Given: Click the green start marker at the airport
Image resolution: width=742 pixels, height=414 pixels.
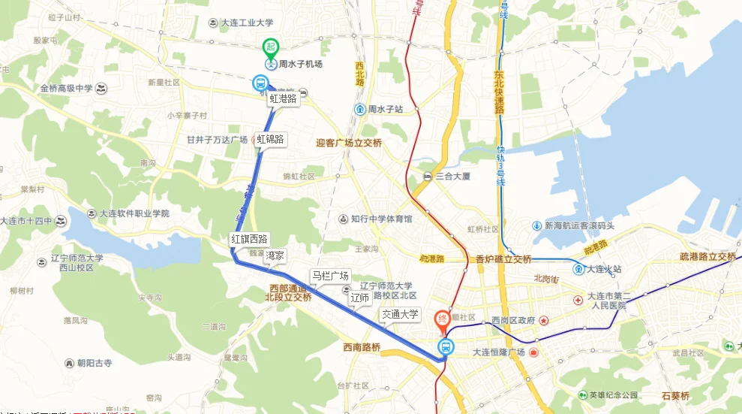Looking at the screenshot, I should pos(270,47).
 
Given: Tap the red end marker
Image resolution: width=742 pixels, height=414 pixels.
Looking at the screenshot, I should pos(443,320).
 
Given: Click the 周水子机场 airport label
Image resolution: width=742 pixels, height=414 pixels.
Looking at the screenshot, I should pos(300,65).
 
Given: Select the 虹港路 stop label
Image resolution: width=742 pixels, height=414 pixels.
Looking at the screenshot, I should pos(283,98).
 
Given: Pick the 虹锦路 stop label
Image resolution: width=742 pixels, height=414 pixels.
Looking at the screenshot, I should pos(270,139).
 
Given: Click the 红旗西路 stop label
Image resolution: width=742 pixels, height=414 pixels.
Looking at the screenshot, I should pos(249,239).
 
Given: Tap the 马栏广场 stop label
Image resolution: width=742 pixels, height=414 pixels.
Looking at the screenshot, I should pos(330,276).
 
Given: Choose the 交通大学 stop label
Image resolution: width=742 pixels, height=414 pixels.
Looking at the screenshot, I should pos(400,314).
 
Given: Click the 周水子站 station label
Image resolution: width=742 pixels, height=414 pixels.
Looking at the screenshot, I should pos(386,110).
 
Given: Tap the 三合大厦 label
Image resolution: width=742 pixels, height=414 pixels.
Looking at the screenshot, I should pos(452,177).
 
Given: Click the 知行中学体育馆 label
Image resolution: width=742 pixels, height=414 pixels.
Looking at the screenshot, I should pos(381,219).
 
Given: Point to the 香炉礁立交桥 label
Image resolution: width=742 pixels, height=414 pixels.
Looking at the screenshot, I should pos(503,259).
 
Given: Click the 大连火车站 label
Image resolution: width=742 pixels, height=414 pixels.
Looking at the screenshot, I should pos(605,268).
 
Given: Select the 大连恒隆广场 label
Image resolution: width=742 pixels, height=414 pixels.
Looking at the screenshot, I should pos(498,352).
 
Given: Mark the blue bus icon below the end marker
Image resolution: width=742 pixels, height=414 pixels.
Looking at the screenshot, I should pos(446,346).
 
